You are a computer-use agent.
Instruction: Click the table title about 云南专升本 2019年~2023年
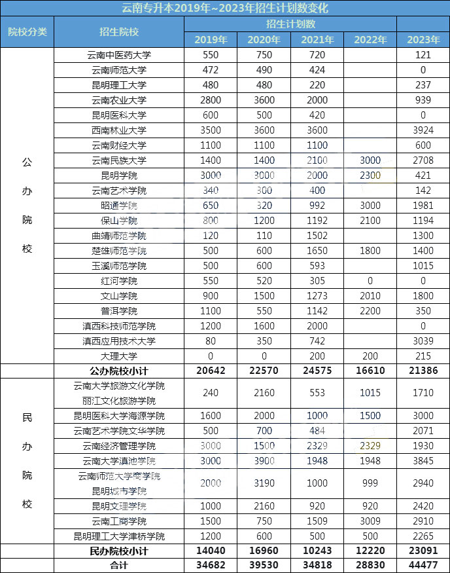click(x=225, y=8)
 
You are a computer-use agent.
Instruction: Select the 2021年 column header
click(x=317, y=39)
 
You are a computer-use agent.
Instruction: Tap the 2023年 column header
click(x=423, y=39)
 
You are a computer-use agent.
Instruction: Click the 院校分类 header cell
click(x=27, y=31)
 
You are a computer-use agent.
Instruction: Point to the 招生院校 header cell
click(x=119, y=31)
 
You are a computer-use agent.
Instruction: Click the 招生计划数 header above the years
click(x=290, y=24)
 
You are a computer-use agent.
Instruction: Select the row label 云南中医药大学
click(x=119, y=55)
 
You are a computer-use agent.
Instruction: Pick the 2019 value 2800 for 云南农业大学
click(x=210, y=100)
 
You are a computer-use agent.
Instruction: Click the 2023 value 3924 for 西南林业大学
click(x=423, y=130)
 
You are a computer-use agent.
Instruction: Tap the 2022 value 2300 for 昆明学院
click(x=370, y=176)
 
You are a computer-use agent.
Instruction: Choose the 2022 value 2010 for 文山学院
click(x=370, y=296)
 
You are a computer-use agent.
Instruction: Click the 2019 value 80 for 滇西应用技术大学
click(x=210, y=341)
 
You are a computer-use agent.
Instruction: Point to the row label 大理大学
click(x=119, y=356)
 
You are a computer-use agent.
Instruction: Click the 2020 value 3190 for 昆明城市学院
click(x=264, y=483)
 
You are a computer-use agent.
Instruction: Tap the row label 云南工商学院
click(x=119, y=521)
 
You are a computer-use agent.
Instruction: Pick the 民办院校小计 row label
click(x=119, y=551)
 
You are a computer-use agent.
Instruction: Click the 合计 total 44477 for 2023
click(x=423, y=566)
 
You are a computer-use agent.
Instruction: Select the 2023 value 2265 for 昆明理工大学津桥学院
click(x=423, y=536)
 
